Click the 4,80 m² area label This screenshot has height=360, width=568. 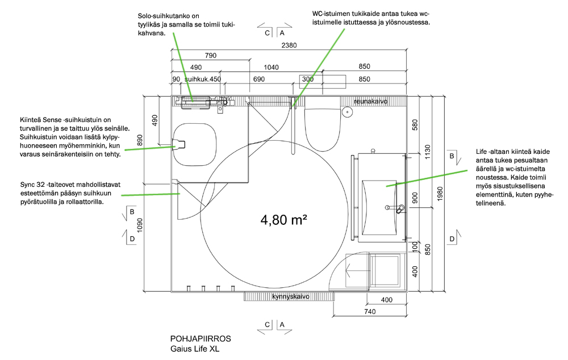click(x=283, y=220)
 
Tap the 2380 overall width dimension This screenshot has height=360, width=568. click(x=289, y=45)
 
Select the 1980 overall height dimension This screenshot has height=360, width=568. click(x=440, y=194)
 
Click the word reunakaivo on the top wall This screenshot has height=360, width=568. click(x=370, y=102)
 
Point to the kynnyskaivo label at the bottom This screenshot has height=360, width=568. click(x=291, y=296)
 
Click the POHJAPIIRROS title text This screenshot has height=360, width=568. click(x=201, y=338)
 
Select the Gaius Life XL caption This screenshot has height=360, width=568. click(x=195, y=349)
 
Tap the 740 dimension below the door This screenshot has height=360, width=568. click(x=370, y=312)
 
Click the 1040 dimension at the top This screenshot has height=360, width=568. click(x=271, y=68)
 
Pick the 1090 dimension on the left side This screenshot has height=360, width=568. click(x=140, y=225)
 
